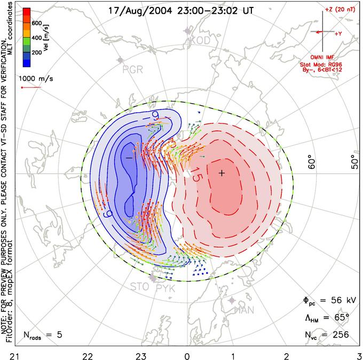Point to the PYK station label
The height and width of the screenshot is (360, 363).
click(167, 288)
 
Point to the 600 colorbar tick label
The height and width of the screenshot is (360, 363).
click(37, 23)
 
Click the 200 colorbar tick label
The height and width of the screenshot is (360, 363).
click(37, 53)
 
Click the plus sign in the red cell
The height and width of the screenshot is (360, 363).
click(222, 173)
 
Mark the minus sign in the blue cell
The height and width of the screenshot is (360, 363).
click(129, 158)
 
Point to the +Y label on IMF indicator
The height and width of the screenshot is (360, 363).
click(338, 34)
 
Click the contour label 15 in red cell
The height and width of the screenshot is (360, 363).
click(195, 178)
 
